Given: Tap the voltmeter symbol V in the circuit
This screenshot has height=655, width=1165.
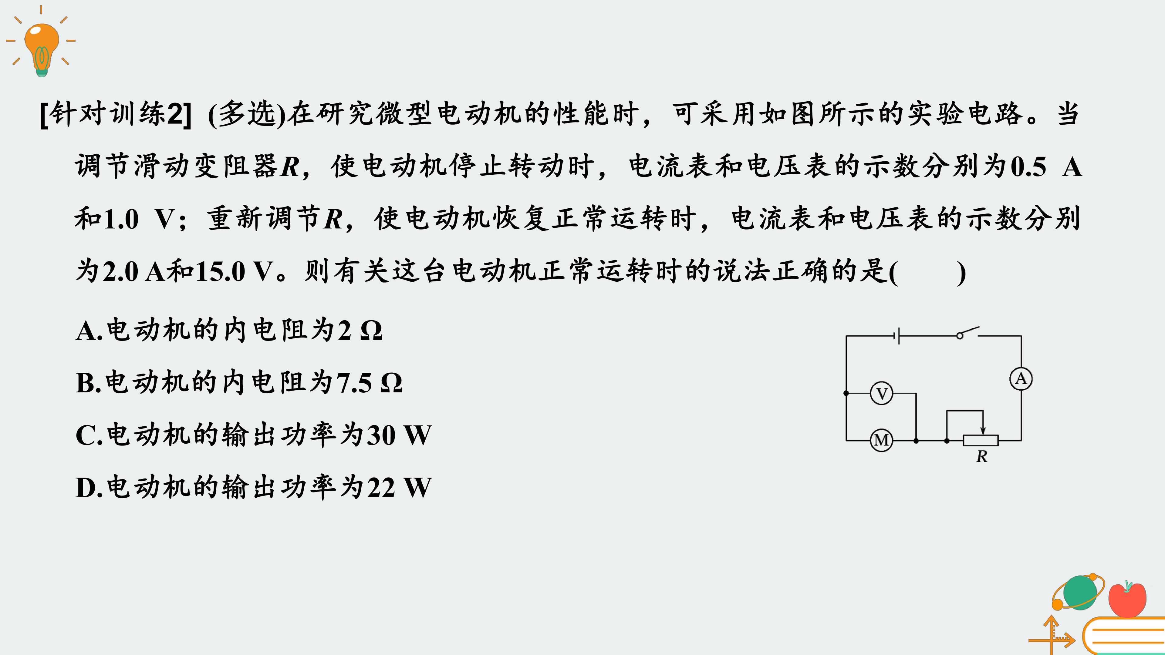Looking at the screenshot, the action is (881, 394).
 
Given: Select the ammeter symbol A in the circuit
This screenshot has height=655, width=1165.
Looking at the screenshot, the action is (1021, 379).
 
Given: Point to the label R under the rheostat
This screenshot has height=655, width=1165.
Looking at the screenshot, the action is (982, 457).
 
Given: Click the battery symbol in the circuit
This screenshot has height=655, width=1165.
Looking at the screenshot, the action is (897, 336).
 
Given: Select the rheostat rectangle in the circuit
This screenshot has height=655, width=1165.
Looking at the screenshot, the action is (981, 440).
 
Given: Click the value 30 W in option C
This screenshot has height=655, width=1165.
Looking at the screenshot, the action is (398, 435).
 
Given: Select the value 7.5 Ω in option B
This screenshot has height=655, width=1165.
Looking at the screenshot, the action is (369, 383).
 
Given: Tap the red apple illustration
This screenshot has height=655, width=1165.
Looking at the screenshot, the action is (1127, 599).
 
